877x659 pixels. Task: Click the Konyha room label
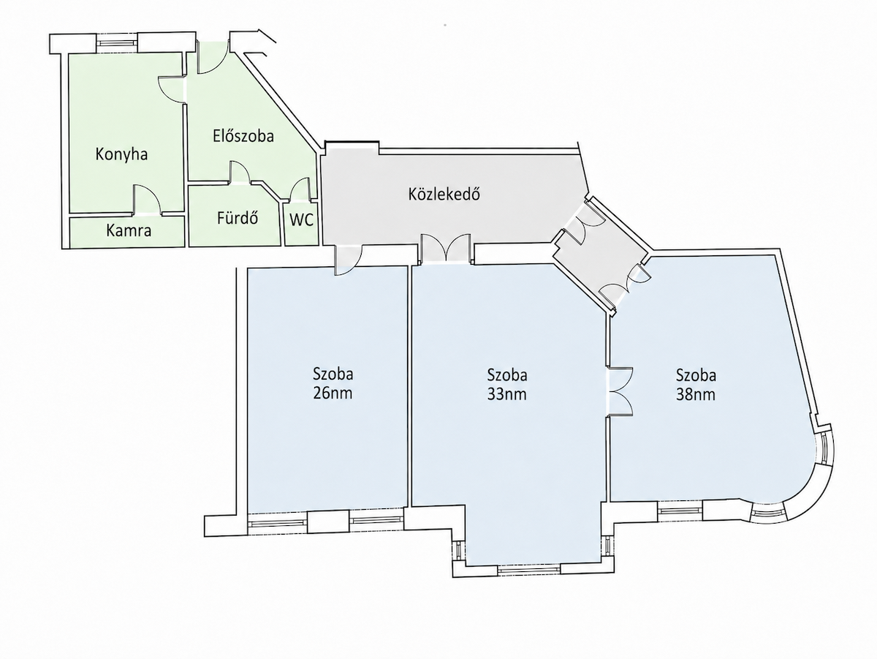(x=121, y=154)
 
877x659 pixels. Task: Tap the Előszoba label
(x=243, y=136)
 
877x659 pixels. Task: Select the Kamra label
(x=129, y=230)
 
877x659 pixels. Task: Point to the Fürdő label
(x=238, y=218)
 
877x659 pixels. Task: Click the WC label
(x=301, y=220)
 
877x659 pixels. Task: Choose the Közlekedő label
(x=444, y=195)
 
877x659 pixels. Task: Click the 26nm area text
(x=333, y=393)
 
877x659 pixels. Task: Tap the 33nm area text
(x=506, y=394)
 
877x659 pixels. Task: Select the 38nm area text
(x=696, y=395)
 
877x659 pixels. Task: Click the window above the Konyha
(x=118, y=42)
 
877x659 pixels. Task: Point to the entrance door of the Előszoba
(x=213, y=58)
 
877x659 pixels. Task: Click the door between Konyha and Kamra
(x=147, y=200)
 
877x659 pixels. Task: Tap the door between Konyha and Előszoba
(x=172, y=89)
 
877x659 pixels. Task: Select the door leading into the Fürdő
(x=240, y=173)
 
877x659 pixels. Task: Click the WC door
(x=300, y=189)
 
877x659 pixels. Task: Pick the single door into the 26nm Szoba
(x=349, y=260)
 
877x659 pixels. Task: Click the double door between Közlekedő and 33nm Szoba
(x=446, y=249)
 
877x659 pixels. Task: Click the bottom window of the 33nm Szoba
(x=529, y=569)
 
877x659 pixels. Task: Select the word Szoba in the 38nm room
(x=696, y=375)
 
